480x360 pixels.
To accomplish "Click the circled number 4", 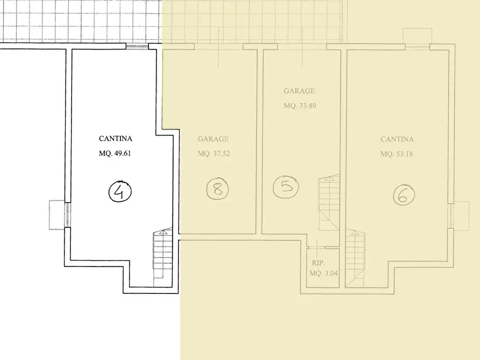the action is (120, 192).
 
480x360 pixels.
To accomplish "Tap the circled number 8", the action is (218, 189).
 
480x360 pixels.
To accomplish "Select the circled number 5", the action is (286, 186).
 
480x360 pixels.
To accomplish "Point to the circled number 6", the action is (404, 195).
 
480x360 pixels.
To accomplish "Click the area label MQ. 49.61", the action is (115, 153).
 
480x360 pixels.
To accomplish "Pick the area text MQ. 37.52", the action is (214, 153).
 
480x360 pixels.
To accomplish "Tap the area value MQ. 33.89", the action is (300, 106).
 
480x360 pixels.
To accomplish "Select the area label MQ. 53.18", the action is (397, 154).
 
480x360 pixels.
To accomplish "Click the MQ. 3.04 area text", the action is (324, 273).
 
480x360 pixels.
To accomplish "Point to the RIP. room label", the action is (318, 263).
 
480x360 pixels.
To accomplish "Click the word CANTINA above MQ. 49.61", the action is (116, 139).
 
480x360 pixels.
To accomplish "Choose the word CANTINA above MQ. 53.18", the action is (397, 139).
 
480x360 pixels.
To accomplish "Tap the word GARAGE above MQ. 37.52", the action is (213, 139).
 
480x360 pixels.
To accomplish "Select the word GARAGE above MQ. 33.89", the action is (299, 91).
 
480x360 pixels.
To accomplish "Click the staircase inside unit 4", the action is (163, 257).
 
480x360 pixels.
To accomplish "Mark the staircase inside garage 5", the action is (329, 203).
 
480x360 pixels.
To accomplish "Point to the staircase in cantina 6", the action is (355, 259).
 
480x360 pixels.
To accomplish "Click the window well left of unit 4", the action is (57, 215).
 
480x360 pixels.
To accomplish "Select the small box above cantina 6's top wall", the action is (417, 36).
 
